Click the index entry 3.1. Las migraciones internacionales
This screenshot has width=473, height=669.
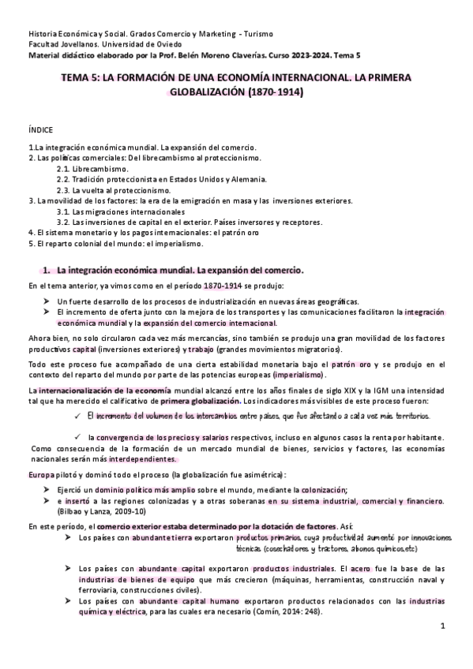click(x=120, y=211)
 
